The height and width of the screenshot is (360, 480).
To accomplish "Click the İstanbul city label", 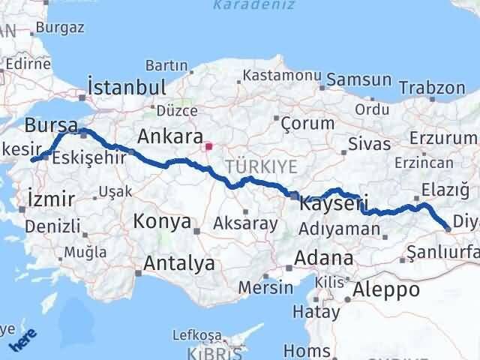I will pos(127,87).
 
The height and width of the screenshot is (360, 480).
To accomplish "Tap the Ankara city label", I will pos(170,137).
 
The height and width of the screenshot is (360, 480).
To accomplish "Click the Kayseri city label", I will pos(333,202).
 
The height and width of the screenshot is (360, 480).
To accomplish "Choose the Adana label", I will pos(324,258).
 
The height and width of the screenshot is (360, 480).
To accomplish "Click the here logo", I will pos(22,342).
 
